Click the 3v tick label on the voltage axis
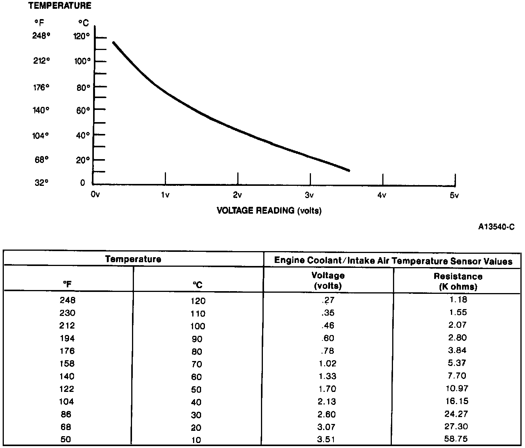309,195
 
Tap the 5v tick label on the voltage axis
454,195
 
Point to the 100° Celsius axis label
82,61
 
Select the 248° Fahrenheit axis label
41,36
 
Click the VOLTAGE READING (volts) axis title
269,210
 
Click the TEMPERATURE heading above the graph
60,6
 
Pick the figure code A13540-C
496,227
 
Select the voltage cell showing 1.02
328,364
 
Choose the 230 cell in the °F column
68,313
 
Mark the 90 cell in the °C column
197,339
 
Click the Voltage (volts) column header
328,280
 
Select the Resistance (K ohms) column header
457,281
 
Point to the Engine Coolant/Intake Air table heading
393,261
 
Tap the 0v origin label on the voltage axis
95,195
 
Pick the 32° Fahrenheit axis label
42,183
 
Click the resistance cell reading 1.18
457,300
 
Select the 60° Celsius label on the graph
83,110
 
